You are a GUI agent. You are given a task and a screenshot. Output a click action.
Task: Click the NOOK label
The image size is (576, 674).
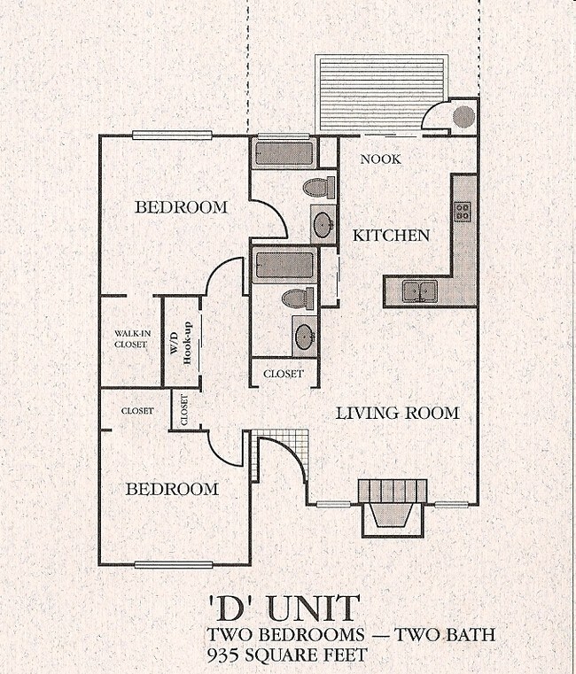(381, 159)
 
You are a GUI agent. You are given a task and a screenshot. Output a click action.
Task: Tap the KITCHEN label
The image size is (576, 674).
(391, 236)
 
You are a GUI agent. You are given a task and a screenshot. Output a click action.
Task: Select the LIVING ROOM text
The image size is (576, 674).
(397, 413)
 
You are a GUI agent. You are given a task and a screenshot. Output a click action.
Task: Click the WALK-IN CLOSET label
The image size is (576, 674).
(130, 339)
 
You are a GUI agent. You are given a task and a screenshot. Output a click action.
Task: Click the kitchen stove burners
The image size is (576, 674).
(463, 212)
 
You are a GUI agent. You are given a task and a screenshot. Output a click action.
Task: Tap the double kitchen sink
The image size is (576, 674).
(418, 291)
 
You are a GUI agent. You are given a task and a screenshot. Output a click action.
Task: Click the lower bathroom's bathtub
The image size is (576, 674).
(284, 266)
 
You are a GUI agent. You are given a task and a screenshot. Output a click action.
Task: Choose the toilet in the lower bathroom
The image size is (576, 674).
(299, 298)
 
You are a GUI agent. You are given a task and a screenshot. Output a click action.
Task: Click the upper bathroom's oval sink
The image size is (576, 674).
(323, 223)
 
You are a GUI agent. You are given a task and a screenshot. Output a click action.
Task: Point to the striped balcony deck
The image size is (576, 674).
(382, 94)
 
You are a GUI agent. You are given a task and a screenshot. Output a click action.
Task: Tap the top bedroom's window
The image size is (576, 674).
(173, 136)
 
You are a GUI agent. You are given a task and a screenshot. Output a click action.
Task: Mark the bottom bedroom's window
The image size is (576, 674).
(173, 564)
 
